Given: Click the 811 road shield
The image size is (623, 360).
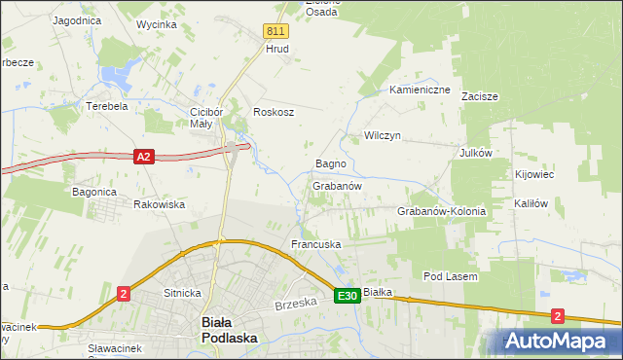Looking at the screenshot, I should (275, 32).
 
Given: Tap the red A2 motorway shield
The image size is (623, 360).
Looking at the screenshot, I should (143, 156).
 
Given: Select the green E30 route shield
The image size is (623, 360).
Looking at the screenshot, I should (348, 296).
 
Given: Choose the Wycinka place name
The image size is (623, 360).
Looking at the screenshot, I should (157, 23).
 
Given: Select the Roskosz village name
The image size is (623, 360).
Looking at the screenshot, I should (274, 112).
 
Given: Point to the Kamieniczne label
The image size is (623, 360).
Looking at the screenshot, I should (420, 90).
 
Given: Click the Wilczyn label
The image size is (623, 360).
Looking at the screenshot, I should (383, 135).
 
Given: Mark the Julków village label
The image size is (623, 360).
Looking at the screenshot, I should (477, 153).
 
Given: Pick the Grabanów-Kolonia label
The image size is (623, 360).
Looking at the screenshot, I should (441, 211).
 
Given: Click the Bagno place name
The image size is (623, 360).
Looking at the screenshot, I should (331, 164).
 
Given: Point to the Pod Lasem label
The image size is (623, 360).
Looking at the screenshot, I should (450, 276).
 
